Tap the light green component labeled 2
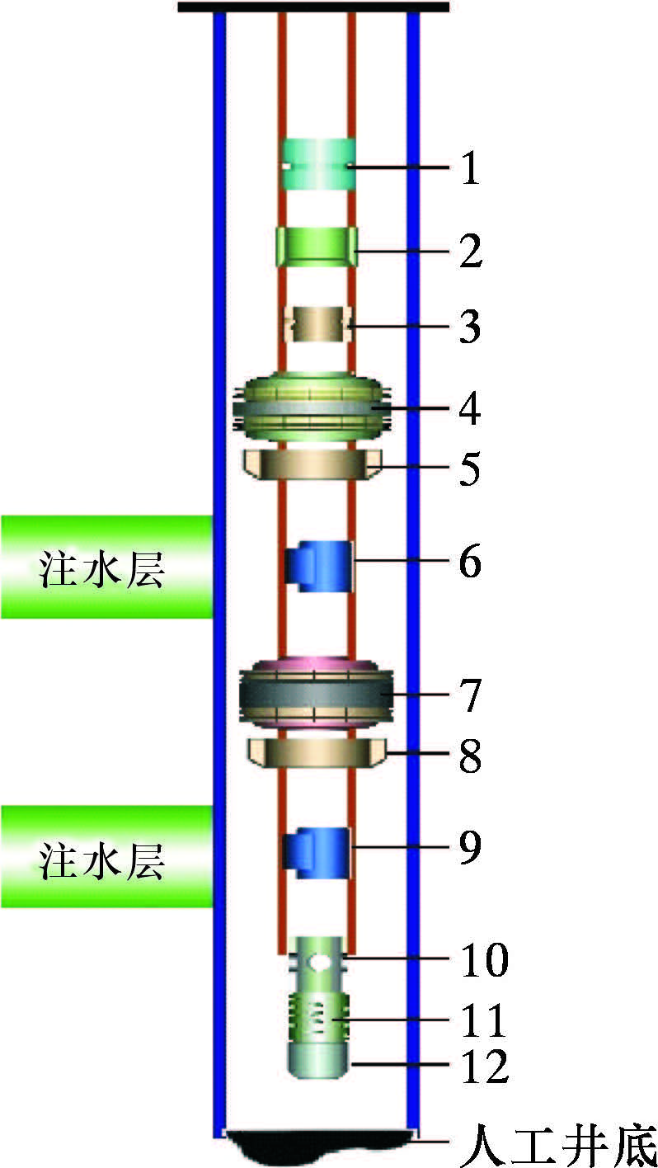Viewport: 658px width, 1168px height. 317,247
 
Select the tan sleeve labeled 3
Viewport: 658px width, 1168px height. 317,323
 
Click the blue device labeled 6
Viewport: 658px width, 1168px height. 320,565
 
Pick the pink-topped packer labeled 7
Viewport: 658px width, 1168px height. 313,695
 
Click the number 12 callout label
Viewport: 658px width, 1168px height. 485,1067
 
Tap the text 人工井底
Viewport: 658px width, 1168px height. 557,1143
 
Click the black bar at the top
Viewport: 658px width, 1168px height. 313,7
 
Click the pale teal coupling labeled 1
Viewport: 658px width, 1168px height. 318,164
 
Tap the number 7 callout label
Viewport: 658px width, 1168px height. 469,695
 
